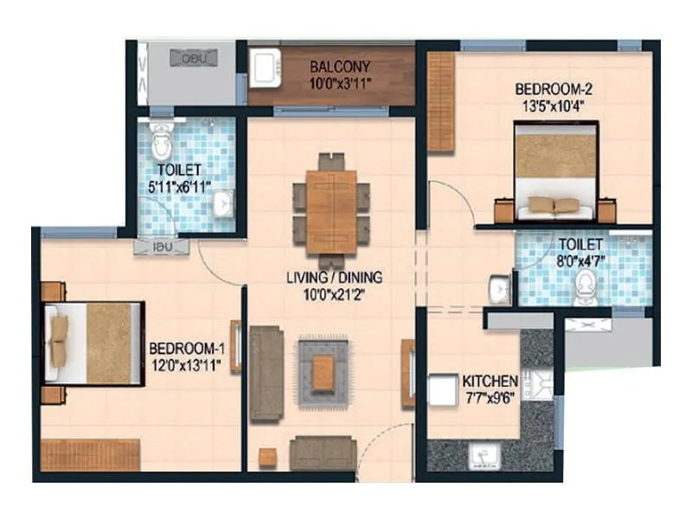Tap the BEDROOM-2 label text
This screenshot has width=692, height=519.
click(553, 89)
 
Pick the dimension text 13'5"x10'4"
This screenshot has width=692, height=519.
click(553, 105)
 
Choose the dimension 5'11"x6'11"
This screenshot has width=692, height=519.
click(180, 185)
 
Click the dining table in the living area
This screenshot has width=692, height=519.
click(331, 210)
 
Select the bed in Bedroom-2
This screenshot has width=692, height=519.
click(554, 171)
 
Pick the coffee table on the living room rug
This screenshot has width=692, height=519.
click(324, 371)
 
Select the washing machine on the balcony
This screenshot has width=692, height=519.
click(265, 67)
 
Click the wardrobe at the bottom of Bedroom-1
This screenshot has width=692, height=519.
click(90, 455)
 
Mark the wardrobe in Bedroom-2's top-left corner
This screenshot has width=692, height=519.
click(441, 102)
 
